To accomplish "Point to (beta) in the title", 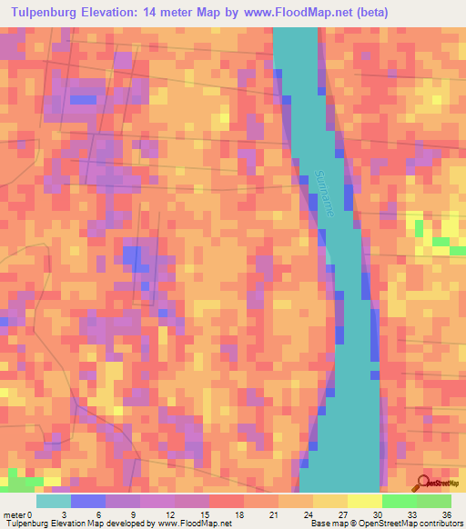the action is pyautogui.click(x=371, y=13).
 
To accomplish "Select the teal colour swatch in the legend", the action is pyautogui.click(x=54, y=501).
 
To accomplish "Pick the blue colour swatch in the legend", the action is pyautogui.click(x=88, y=501).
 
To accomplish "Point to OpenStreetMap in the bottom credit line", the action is pyautogui.click(x=379, y=524).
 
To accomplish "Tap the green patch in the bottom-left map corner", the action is pyautogui.click(x=20, y=483).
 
